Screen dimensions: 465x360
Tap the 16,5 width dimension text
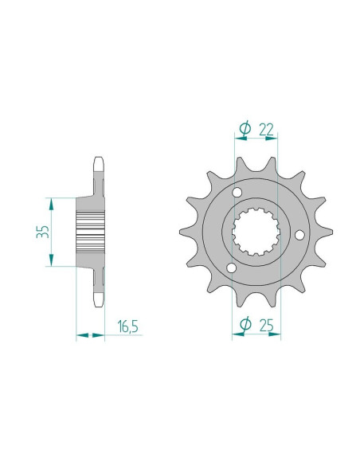point(127,326)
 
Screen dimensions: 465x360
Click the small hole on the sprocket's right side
point(299,235)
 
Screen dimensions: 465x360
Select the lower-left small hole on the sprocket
point(231,268)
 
